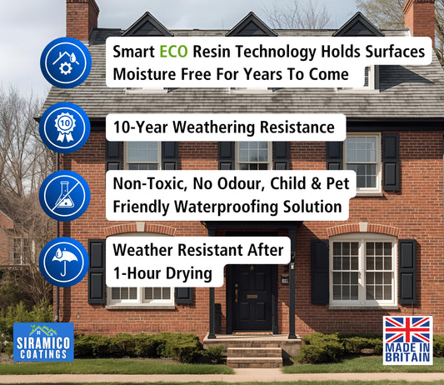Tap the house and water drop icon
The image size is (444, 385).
tap(65, 62)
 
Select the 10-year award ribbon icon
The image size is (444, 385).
tap(65, 127)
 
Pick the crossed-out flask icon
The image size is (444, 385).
tap(65, 195)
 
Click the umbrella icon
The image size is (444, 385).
tap(65, 261)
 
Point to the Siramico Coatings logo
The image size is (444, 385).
tap(43, 342)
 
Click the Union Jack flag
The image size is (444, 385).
tap(407, 329)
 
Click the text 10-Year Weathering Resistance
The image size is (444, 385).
tap(225, 127)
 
